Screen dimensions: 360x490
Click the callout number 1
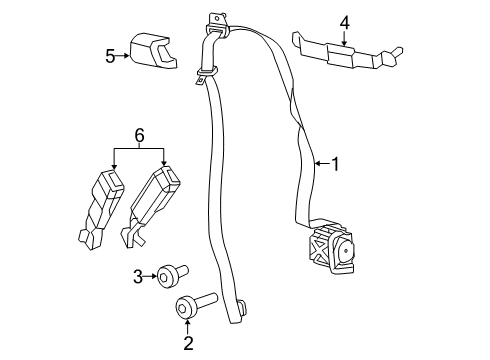(x=335, y=163)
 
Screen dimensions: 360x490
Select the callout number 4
(x=344, y=22)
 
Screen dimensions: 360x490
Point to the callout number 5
(x=110, y=56)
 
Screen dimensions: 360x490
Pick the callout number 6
(x=139, y=134)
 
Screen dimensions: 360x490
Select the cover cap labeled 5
(x=151, y=52)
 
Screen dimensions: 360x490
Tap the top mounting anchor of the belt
(x=216, y=19)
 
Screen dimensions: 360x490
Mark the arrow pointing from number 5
(x=125, y=56)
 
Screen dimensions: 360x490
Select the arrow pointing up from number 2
(x=186, y=328)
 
